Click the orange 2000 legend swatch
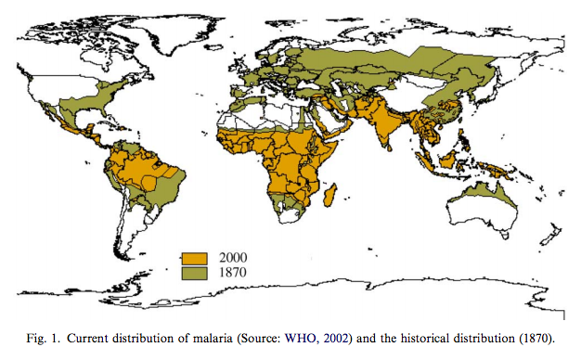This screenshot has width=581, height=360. (x=194, y=257)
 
